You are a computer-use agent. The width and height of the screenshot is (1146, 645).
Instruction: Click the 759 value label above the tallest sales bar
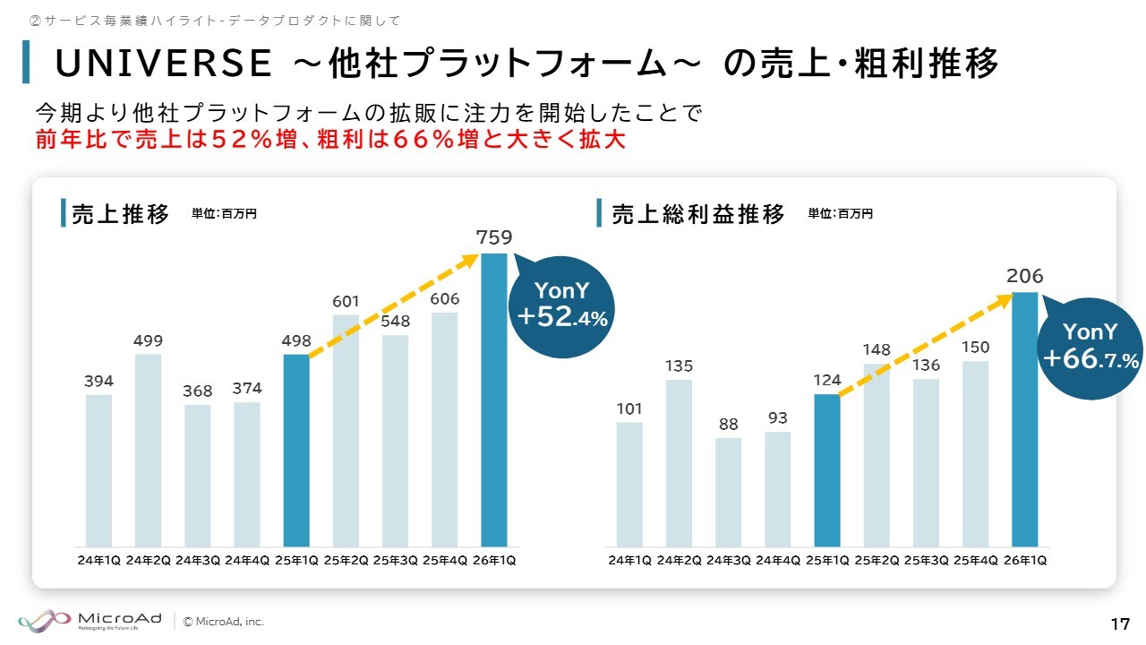click(494, 237)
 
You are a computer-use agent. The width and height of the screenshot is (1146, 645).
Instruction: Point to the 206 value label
click(1025, 276)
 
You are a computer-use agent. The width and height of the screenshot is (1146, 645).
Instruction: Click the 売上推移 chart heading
click(120, 215)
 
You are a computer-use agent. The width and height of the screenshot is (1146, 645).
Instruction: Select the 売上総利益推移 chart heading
click(698, 215)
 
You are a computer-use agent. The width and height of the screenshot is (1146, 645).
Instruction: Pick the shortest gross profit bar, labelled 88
click(728, 492)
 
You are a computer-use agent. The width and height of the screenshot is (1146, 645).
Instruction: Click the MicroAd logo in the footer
click(90, 620)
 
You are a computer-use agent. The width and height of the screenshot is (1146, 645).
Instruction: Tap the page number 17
click(1119, 623)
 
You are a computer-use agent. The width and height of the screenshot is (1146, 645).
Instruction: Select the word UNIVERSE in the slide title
click(163, 64)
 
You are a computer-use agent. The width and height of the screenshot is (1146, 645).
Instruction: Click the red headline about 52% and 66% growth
click(330, 141)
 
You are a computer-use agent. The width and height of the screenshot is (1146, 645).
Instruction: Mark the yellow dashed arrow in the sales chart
click(394, 305)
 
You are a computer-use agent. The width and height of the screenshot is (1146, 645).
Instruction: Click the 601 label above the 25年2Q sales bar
click(346, 302)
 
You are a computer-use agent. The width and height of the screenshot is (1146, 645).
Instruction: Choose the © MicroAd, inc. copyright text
click(224, 621)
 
